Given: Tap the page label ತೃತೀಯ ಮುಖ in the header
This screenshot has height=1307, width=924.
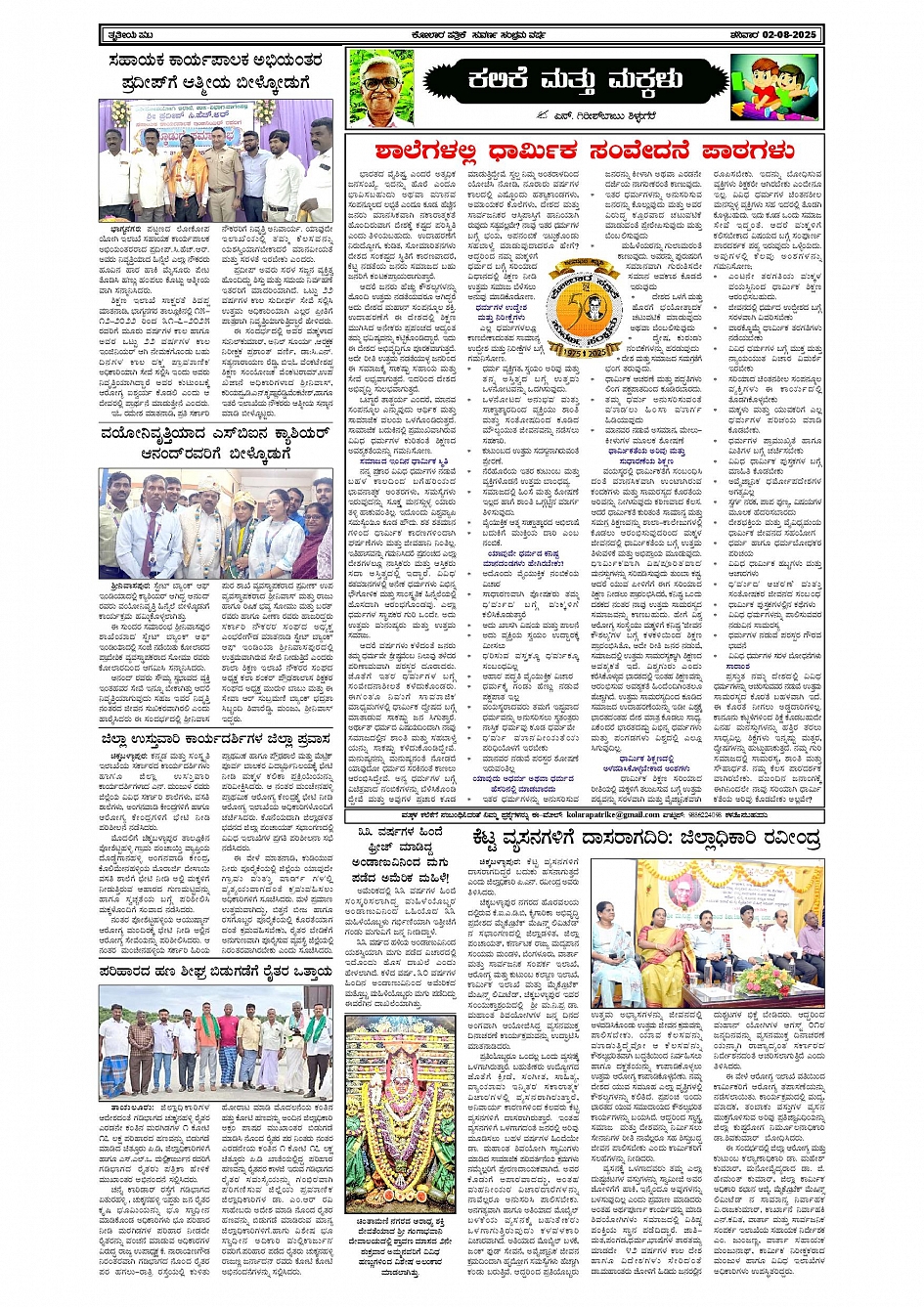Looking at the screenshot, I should [128, 35].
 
